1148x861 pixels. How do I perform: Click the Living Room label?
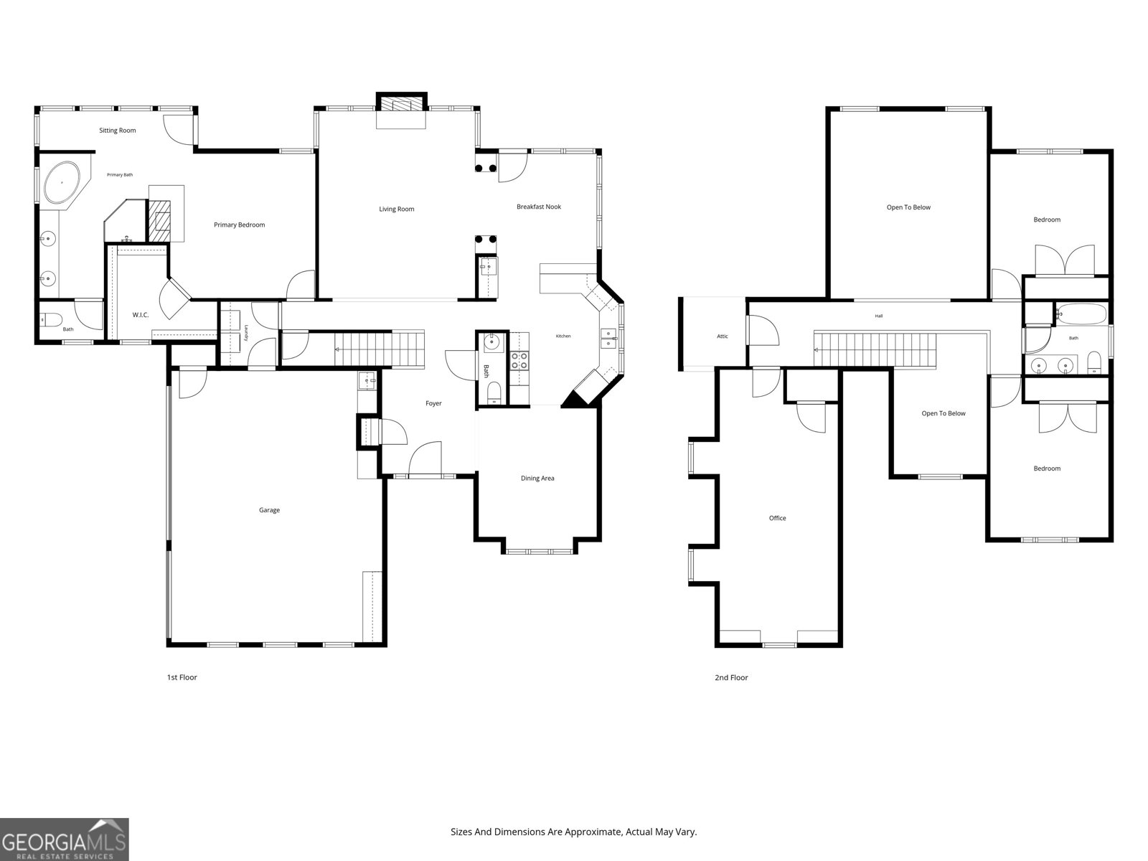397,209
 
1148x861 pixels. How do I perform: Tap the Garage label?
269,510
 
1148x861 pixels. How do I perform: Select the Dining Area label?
537,479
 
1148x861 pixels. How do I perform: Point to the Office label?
777,518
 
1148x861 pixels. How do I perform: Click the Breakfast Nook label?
539,207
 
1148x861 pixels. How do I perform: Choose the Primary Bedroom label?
239,225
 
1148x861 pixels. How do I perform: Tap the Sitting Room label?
117,131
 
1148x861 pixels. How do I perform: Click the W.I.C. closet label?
140,315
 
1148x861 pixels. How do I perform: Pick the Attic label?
723,337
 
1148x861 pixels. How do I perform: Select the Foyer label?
433,403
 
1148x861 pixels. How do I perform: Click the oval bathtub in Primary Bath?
62,182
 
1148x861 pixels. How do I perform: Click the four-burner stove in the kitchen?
519,360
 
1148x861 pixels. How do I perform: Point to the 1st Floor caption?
182,677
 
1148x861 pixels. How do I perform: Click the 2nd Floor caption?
731,677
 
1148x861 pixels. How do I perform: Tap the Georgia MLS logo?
65,839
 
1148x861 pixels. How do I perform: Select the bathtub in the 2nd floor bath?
1081,314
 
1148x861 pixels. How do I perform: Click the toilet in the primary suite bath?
51,319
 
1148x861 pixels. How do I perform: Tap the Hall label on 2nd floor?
879,316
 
